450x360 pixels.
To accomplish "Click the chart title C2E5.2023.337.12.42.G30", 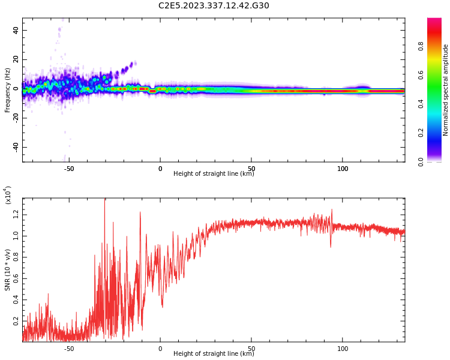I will [214, 6].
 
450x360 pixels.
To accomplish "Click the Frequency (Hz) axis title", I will [8, 90].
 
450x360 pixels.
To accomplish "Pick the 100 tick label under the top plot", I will [343, 169].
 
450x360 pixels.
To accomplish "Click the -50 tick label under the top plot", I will [68, 169].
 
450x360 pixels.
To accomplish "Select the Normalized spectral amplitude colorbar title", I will [446, 90].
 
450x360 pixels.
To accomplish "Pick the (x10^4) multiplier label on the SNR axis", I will [8, 195].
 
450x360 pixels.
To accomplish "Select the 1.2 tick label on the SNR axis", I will [16, 214].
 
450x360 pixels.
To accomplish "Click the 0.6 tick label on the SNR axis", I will [16, 279].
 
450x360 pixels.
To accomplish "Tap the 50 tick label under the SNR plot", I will [251, 349].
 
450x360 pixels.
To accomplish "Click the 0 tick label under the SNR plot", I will [160, 349].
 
